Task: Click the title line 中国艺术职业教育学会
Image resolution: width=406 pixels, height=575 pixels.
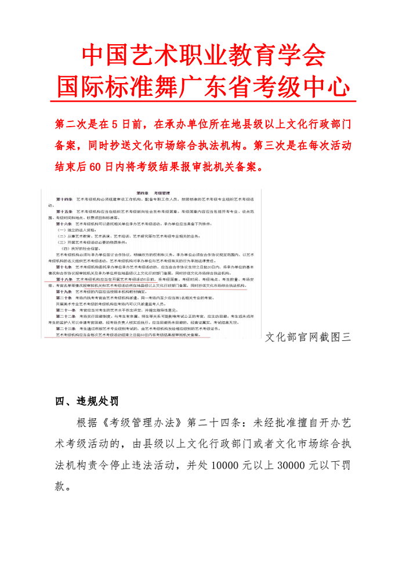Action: [203, 56]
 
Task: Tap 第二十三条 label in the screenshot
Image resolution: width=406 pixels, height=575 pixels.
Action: [65, 328]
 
